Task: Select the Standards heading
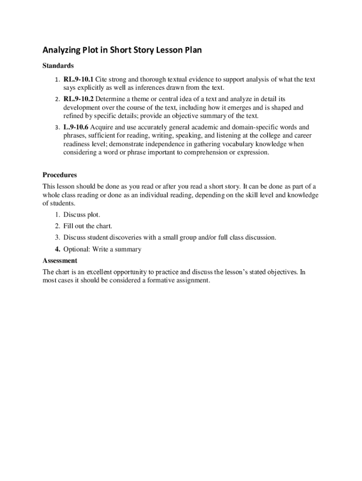pos(58,66)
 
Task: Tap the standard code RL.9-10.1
pos(79,80)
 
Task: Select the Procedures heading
pos(60,175)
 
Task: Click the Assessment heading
pos(60,261)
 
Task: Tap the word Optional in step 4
pos(76,249)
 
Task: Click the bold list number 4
pos(57,249)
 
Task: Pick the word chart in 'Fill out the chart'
pos(104,226)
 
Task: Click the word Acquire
pos(102,127)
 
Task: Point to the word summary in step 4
pos(128,249)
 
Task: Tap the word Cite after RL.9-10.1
pos(102,80)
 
